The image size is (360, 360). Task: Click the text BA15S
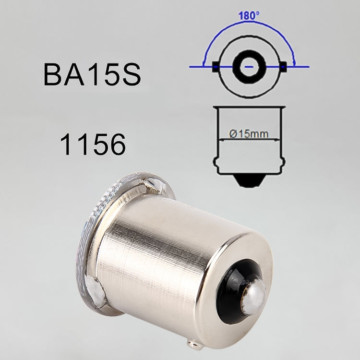click(92, 76)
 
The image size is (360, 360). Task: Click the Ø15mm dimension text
click(249, 134)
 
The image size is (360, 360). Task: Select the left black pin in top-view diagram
click(215, 66)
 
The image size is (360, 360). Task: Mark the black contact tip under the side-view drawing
click(249, 181)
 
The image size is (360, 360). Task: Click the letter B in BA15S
click(52, 76)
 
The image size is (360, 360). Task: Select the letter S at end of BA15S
click(130, 76)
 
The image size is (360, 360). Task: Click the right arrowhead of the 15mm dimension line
click(280, 140)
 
